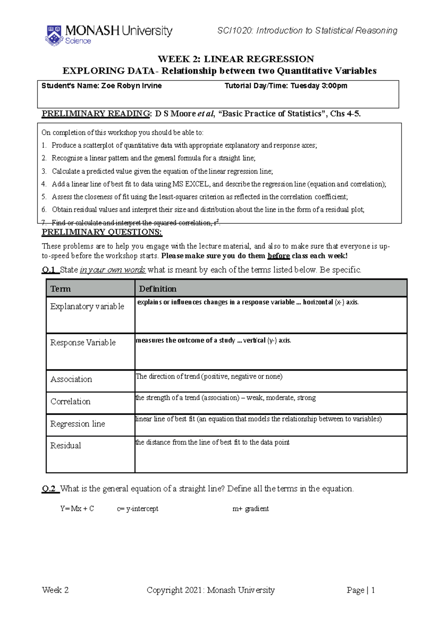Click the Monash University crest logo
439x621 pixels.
pyautogui.click(x=54, y=35)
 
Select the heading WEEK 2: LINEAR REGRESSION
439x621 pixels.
pyautogui.click(x=236, y=59)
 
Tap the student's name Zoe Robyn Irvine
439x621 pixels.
pyautogui.click(x=131, y=86)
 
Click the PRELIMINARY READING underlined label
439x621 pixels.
pyautogui.click(x=95, y=114)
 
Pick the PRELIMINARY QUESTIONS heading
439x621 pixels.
pyautogui.click(x=102, y=232)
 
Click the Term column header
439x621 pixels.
pyautogui.click(x=61, y=289)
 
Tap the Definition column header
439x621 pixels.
pyautogui.click(x=158, y=289)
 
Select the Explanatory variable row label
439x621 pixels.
pyautogui.click(x=87, y=306)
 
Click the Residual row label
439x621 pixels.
pyautogui.click(x=66, y=445)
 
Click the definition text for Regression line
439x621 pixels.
pyautogui.click(x=258, y=419)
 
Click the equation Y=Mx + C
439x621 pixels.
pyautogui.click(x=77, y=509)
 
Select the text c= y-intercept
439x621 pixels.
pyautogui.click(x=138, y=509)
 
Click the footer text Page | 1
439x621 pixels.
pyautogui.click(x=361, y=590)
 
